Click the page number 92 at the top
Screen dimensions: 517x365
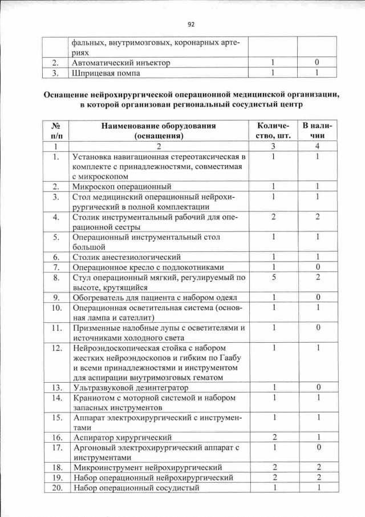(191, 24)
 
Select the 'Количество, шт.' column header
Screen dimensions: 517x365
(274, 131)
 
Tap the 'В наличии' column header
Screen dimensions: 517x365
(317, 131)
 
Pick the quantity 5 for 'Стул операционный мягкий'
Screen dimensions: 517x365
(274, 278)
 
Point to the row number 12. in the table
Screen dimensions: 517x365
(56, 348)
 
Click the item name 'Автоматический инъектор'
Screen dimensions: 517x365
(121, 62)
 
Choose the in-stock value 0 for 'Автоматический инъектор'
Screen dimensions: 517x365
(317, 62)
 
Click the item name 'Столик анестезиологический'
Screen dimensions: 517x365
(127, 257)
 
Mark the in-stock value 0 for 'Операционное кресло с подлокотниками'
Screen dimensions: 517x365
(317, 267)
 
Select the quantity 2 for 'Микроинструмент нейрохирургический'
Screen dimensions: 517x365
(274, 468)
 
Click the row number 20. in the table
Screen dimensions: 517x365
(56, 487)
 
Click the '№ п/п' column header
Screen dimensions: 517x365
(56, 131)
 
